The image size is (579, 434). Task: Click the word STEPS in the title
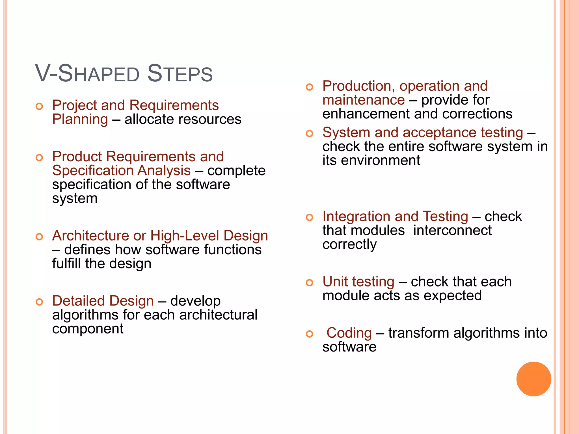click(x=180, y=74)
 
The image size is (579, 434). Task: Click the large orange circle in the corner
click(x=533, y=379)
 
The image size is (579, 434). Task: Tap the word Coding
click(x=349, y=333)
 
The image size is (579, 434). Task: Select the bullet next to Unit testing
click(x=310, y=283)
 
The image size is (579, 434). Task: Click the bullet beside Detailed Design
click(x=39, y=302)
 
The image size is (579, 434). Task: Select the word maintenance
click(x=364, y=100)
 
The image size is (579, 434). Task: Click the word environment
click(x=380, y=160)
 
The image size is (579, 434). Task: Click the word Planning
click(x=80, y=119)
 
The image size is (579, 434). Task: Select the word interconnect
click(x=452, y=230)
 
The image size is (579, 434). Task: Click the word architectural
click(x=218, y=315)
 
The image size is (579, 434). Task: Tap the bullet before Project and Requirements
click(x=39, y=107)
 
